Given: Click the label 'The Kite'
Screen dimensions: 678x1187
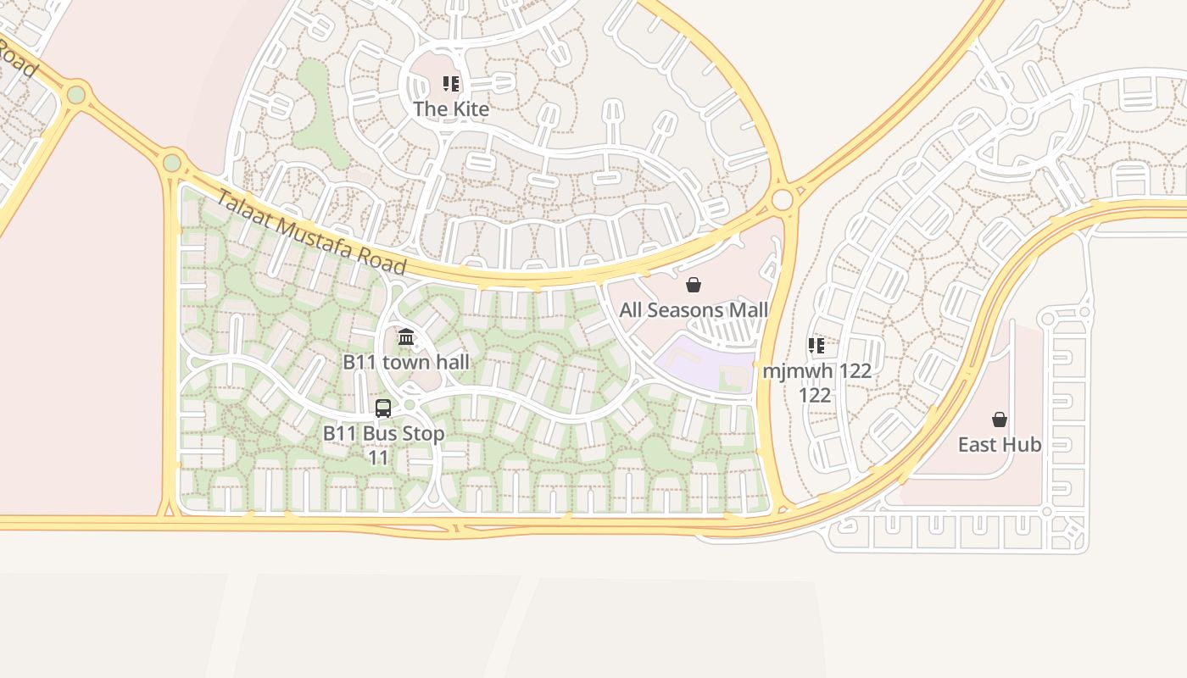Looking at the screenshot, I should [451, 109].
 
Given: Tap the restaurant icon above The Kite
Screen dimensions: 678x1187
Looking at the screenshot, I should [451, 84].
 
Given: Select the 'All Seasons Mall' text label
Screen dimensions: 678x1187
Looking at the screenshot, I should [694, 310].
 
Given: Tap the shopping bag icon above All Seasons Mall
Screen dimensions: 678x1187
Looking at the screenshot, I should [694, 285].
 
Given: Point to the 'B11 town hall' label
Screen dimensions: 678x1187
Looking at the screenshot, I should [406, 362].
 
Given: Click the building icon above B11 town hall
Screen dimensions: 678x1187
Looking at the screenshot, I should [406, 337].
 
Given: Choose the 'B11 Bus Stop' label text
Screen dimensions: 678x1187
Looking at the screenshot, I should [383, 434].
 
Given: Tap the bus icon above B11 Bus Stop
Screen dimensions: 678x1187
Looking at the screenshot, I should [383, 408].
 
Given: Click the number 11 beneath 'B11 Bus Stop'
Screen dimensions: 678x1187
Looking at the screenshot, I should [378, 458].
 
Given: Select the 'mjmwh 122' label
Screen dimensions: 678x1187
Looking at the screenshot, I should [816, 371].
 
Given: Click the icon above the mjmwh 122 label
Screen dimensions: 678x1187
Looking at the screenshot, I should [816, 345].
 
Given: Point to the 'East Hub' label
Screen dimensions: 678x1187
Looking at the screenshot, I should [1000, 445].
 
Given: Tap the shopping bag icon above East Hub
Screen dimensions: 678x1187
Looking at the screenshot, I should [1000, 420].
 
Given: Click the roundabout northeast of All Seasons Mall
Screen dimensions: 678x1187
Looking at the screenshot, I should [783, 200].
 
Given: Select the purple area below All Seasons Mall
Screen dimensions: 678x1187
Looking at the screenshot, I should [704, 360].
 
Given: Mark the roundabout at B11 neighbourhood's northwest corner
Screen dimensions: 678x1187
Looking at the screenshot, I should [172, 161].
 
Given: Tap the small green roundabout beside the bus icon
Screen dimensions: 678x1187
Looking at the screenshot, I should [410, 405].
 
